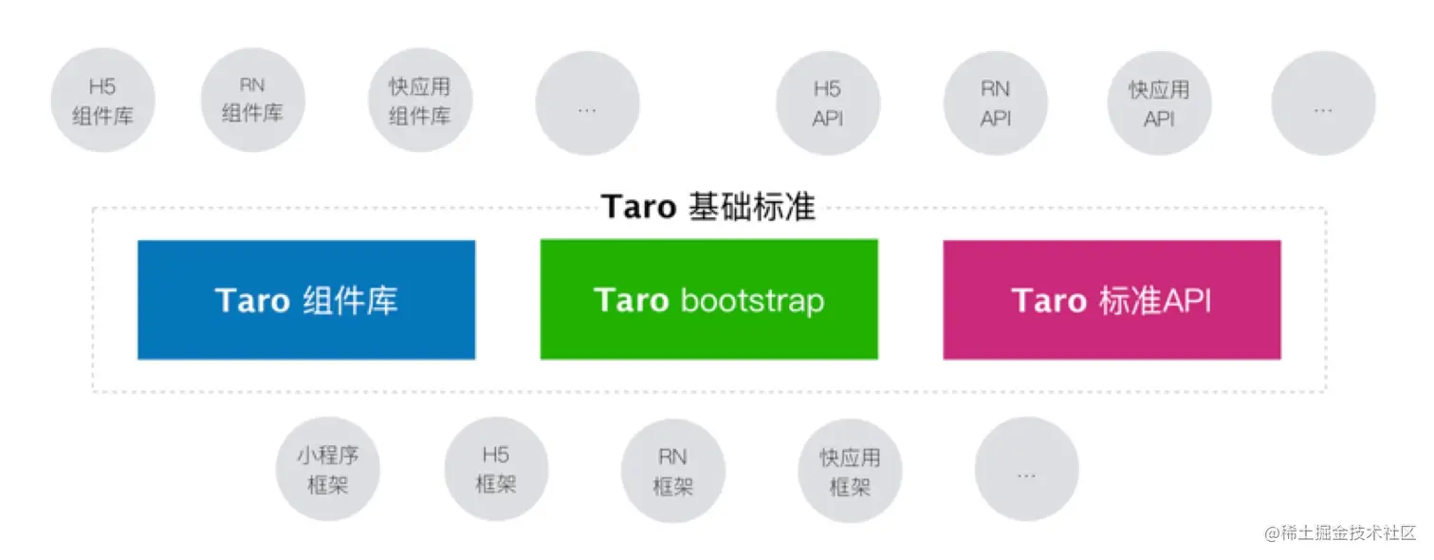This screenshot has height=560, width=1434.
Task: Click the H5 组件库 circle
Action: pyautogui.click(x=102, y=100)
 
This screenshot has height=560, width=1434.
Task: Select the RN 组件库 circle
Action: pyautogui.click(x=253, y=100)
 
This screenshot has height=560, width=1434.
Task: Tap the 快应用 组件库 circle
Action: pyautogui.click(x=420, y=100)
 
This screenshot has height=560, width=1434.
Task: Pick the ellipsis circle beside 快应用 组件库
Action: pyautogui.click(x=587, y=103)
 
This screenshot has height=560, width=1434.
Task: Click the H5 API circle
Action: pyautogui.click(x=828, y=103)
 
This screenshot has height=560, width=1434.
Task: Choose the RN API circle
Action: pyautogui.click(x=996, y=103)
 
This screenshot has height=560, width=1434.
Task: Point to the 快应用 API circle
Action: pyautogui.click(x=1159, y=103)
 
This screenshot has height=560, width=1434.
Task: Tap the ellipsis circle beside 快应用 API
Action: pyautogui.click(x=1323, y=103)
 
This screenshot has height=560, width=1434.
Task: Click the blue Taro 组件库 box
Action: pyautogui.click(x=306, y=300)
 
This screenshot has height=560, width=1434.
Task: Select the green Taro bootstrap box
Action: pyautogui.click(x=709, y=299)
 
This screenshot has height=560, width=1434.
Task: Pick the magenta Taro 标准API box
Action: pyautogui.click(x=1112, y=300)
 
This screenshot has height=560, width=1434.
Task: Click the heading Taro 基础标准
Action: pyautogui.click(x=708, y=206)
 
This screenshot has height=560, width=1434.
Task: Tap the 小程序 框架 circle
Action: pyautogui.click(x=328, y=469)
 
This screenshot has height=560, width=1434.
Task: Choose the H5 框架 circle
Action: pyautogui.click(x=496, y=469)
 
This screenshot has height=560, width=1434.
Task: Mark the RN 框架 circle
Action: pyautogui.click(x=672, y=471)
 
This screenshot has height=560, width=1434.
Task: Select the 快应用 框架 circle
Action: pyautogui.click(x=850, y=471)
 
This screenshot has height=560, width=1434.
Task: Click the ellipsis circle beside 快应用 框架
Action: pyautogui.click(x=1027, y=469)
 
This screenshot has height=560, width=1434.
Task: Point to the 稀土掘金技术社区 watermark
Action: pyautogui.click(x=1340, y=532)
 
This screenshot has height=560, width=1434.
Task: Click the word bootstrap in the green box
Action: pyautogui.click(x=752, y=301)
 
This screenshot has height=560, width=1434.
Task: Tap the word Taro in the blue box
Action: pyautogui.click(x=252, y=301)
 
